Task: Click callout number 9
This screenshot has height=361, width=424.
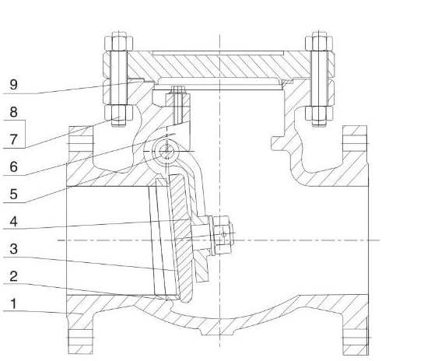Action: pyautogui.click(x=14, y=84)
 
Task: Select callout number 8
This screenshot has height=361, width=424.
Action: pyautogui.click(x=14, y=112)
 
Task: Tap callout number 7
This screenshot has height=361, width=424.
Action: pyautogui.click(x=14, y=139)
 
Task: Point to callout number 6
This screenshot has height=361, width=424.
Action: pyautogui.click(x=14, y=166)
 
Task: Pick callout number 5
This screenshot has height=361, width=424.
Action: pyautogui.click(x=14, y=195)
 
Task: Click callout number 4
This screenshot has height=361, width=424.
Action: pyautogui.click(x=14, y=222)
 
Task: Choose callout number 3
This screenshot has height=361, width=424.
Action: pyautogui.click(x=14, y=249)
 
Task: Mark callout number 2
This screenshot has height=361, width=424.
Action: pyautogui.click(x=14, y=276)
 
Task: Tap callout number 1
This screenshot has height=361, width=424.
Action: pyautogui.click(x=13, y=303)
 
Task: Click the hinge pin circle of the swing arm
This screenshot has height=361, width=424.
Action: pyautogui.click(x=166, y=151)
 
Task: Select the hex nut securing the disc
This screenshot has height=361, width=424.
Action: pyautogui.click(x=223, y=235)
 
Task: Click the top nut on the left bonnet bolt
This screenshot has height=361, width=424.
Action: pyautogui.click(x=119, y=43)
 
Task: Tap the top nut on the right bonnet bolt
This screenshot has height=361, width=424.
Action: pyautogui.click(x=319, y=43)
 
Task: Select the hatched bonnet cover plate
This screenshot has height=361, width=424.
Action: pyautogui.click(x=219, y=66)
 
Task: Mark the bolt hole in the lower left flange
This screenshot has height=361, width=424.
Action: pyautogui.click(x=80, y=338)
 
